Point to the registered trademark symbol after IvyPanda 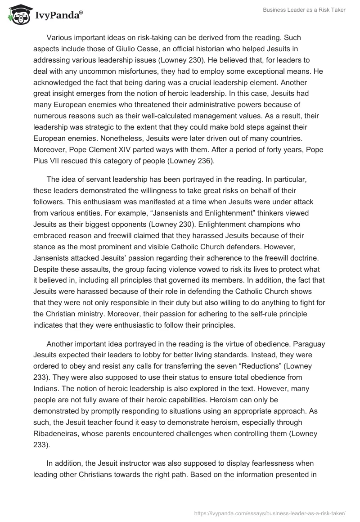[x=81, y=13]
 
